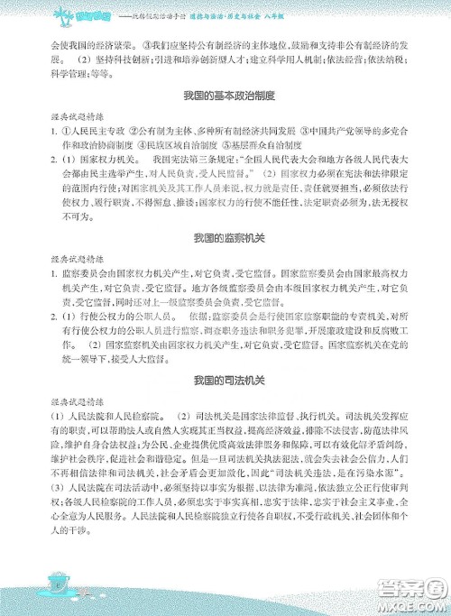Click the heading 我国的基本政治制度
pyautogui.click(x=225, y=96)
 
